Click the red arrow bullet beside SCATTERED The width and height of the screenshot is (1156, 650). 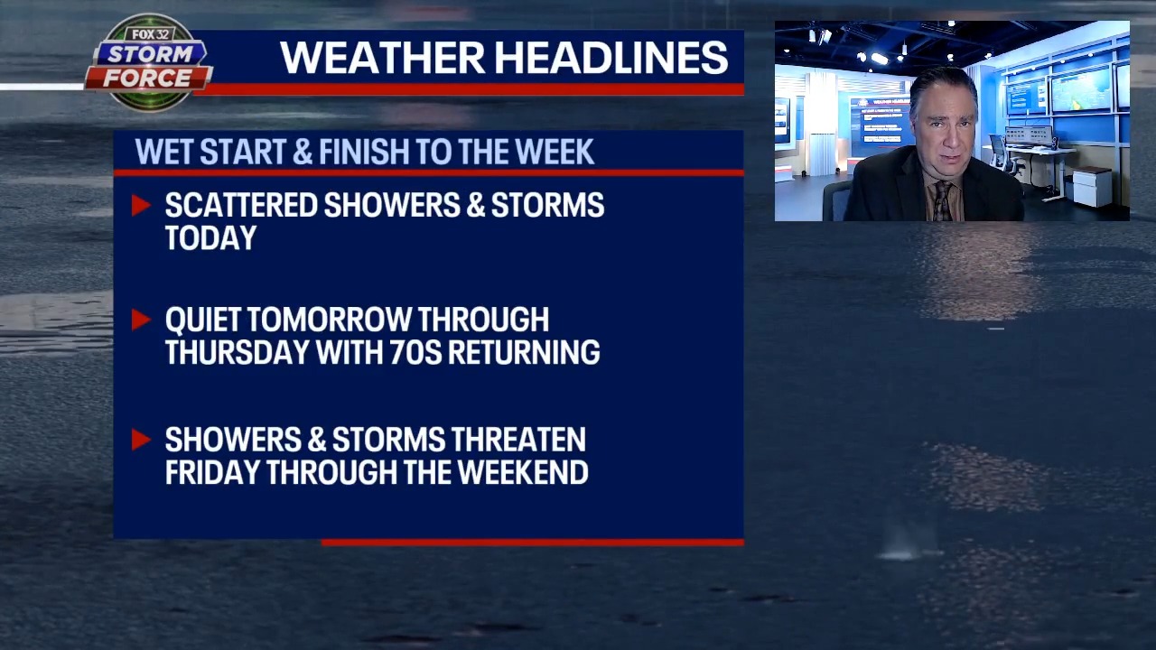pyautogui.click(x=141, y=206)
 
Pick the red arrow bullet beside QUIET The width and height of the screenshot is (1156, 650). pyautogui.click(x=141, y=320)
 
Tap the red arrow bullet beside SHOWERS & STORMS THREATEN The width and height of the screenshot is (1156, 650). pyautogui.click(x=141, y=440)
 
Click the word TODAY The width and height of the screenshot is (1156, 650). pyautogui.click(x=210, y=238)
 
